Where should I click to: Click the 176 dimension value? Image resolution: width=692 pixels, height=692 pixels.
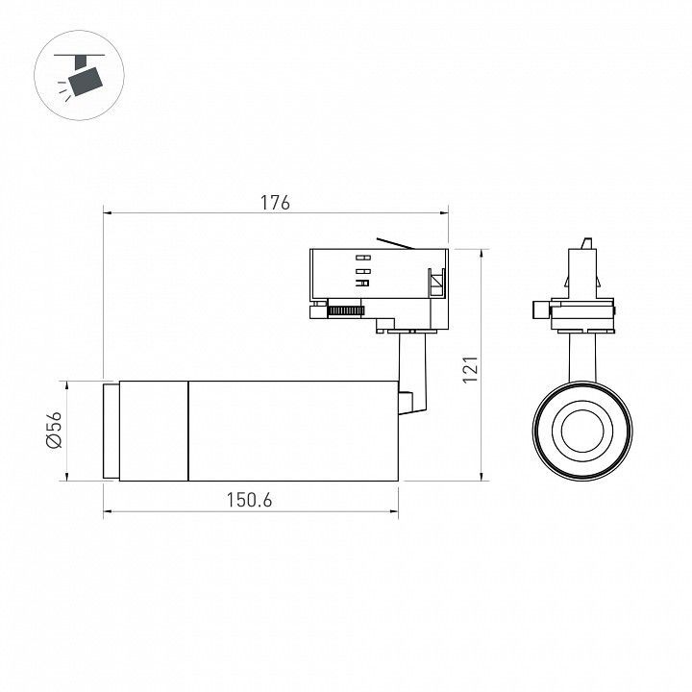(275, 202)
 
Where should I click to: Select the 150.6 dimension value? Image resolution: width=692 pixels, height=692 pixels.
(249, 500)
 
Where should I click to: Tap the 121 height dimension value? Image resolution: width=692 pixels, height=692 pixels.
(470, 369)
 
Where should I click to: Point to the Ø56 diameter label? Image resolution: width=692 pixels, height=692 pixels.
(54, 430)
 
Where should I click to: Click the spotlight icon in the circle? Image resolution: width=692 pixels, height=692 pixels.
(80, 76)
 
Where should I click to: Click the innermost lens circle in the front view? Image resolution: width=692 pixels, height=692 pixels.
(582, 431)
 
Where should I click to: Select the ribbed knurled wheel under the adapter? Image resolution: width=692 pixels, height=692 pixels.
(346, 310)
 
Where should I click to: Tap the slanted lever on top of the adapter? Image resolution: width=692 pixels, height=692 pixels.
(395, 243)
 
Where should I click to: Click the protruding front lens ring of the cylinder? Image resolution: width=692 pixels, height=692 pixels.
(111, 432)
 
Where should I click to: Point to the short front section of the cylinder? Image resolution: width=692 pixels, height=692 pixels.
(154, 431)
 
